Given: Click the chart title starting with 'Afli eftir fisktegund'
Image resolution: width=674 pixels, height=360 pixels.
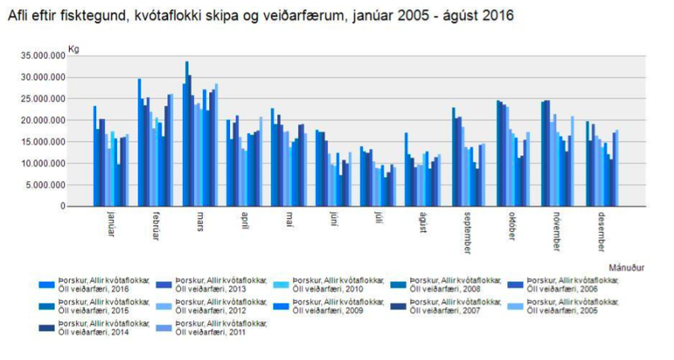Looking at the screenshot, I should point(261,16).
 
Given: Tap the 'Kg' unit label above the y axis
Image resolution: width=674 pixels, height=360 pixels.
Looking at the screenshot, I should point(72,48).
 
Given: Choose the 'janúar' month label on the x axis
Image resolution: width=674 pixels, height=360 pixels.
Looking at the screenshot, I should point(111,223).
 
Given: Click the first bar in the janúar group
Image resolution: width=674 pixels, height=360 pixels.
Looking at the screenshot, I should point(94,156).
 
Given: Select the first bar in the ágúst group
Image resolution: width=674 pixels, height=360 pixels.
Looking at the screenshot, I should point(405,169).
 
